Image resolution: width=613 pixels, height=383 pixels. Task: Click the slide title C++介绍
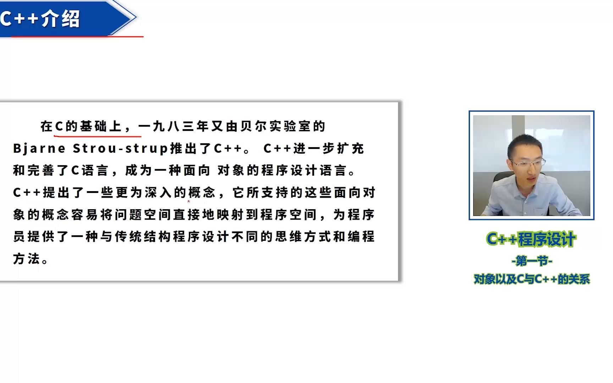(x=40, y=18)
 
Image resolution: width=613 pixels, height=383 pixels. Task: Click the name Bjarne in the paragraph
(x=39, y=148)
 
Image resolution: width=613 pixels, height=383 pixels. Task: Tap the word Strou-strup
(x=120, y=148)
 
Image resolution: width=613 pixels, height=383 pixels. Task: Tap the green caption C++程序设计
(x=531, y=239)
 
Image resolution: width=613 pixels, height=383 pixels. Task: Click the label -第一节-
(x=532, y=261)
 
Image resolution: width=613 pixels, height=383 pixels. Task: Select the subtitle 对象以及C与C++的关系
(x=532, y=279)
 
